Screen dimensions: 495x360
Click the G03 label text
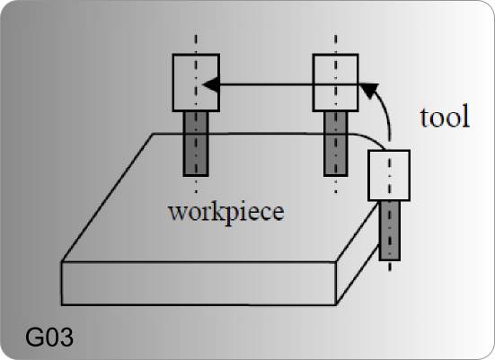point(49,337)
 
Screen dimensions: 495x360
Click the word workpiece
point(226,213)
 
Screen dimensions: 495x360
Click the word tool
point(445,117)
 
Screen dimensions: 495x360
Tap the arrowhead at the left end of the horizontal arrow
point(210,84)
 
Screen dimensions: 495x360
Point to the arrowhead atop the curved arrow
point(368,91)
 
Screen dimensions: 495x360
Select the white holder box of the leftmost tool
point(196,83)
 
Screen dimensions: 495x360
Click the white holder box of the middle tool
point(335,83)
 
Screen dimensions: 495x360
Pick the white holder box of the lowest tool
point(389,175)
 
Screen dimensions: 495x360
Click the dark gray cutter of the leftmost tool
point(196,144)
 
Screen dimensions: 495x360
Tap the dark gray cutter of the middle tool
point(336,144)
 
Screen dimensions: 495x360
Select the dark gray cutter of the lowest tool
point(390,231)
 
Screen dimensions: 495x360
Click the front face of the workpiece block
point(199,284)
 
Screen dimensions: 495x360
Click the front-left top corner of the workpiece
point(62,261)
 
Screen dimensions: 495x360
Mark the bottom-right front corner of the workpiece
point(336,304)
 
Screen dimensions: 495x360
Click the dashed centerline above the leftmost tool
point(196,44)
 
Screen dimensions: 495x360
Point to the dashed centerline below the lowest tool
point(390,266)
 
